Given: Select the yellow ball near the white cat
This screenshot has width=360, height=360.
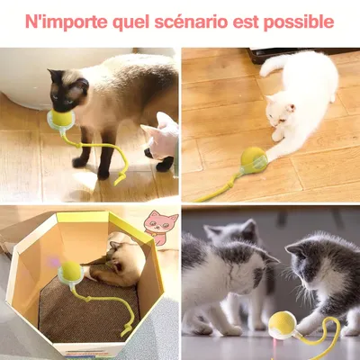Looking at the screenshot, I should (x=254, y=159).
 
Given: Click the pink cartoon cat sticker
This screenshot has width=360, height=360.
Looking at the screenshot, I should (x=161, y=227).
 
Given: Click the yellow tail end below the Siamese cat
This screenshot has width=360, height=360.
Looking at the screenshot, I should (x=119, y=178).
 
